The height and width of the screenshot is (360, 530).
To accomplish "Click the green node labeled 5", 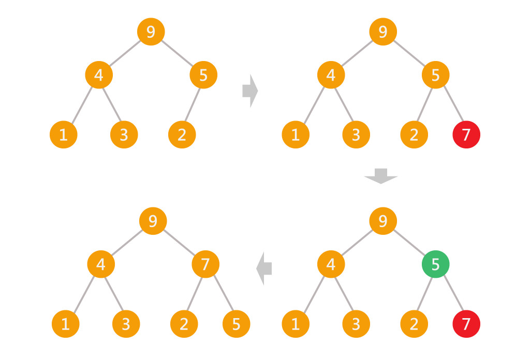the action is pos(435,265).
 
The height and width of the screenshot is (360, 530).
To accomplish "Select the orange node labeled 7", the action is pos(205,265).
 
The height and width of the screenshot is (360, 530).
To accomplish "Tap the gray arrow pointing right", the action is pos(250,91).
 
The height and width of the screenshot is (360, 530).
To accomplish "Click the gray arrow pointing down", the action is pos(381,176).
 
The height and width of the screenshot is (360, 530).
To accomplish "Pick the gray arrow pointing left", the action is pos(264,268).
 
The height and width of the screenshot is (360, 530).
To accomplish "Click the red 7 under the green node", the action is pos(466,324).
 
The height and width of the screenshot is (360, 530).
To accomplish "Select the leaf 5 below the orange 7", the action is pos(237,324).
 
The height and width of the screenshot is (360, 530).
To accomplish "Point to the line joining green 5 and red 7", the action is pos(451,294).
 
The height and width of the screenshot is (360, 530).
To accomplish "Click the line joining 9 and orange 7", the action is pos(179,243).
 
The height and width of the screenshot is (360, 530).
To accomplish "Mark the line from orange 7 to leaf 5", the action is pos(221,294).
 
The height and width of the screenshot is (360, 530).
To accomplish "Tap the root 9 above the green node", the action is pos(383,221).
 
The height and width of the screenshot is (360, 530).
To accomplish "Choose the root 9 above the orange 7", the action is pos(153,221).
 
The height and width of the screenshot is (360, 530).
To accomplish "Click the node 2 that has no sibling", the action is pos(182,135).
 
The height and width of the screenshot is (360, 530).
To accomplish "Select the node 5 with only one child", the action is pos(203,75).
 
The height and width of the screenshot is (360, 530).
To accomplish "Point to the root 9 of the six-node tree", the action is pos(151,32).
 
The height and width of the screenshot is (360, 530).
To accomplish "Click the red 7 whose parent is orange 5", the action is pos(466,135).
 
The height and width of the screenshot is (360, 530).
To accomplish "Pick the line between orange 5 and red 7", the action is pos(451,105).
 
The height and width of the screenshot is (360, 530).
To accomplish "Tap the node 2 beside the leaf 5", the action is pos(184,324).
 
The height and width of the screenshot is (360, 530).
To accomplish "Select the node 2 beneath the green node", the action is pos(414,324).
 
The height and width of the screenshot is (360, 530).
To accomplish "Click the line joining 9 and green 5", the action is pos(409,243).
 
